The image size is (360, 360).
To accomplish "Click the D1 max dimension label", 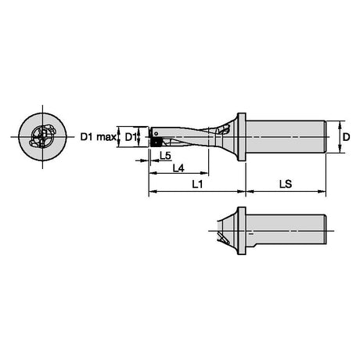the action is pos(98,137).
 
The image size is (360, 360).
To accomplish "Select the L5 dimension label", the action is pos(165,156).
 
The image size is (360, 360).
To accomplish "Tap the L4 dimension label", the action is pos(178,168).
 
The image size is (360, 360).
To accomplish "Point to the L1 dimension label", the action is pos(197,185).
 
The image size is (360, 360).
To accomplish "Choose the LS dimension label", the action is pos(286,185).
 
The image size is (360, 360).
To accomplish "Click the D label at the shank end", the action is pos(346,137).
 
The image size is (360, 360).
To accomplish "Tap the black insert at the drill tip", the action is pos(157,142).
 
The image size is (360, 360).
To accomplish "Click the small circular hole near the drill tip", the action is pos(156,134).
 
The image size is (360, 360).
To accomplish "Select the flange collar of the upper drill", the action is pos(242,137).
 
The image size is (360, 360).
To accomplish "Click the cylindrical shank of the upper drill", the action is pos(286,137).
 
